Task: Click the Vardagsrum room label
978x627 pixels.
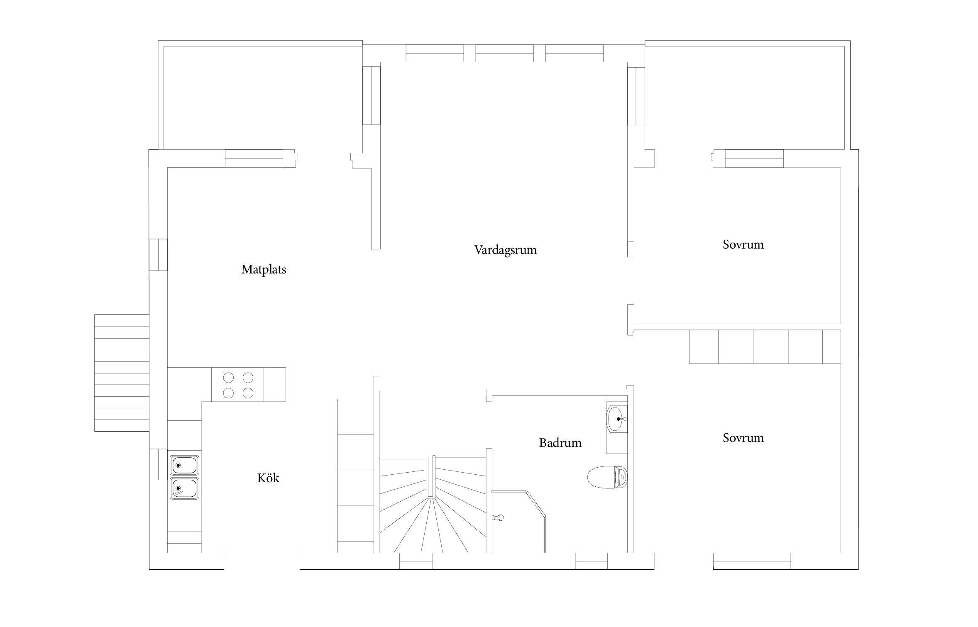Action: pos(505,250)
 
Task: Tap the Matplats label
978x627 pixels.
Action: pos(264,270)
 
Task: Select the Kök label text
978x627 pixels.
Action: pos(268,478)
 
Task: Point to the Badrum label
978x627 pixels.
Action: pos(560,443)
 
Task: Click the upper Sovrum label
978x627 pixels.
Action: pos(743,244)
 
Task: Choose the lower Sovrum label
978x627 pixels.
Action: pos(743,438)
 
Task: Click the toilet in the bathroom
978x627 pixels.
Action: pos(607,477)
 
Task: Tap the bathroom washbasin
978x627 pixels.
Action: pos(617,419)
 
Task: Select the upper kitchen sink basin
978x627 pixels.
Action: pos(184,465)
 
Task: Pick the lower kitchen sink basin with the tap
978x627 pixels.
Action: pos(184,488)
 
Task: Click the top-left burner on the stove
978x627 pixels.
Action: pos(228,378)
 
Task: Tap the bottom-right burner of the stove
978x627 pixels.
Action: pos(248,393)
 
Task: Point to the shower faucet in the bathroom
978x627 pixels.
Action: pos(498,517)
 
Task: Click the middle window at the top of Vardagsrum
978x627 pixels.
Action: pos(504,54)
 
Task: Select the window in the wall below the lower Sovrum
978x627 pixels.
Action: pos(752,561)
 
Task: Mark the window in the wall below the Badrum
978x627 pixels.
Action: pos(591,561)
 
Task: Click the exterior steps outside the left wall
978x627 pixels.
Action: pos(122,373)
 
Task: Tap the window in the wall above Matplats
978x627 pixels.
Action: pos(254,159)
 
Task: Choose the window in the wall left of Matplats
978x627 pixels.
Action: pos(158,255)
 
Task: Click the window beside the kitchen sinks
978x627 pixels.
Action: pos(158,465)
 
